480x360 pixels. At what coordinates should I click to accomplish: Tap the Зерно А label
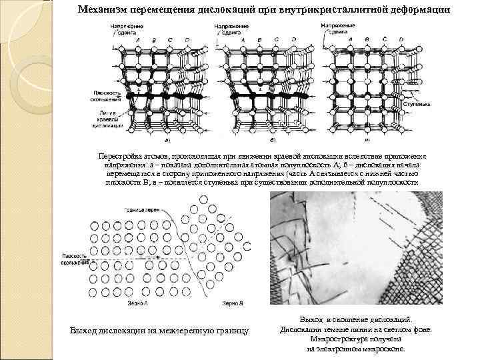tap(135, 303)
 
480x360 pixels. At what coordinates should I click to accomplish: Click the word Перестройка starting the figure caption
tap(119, 155)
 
